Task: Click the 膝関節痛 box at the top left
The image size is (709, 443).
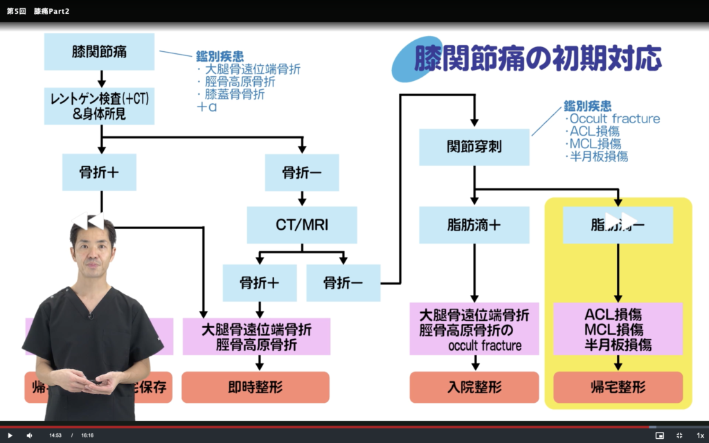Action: tap(99, 52)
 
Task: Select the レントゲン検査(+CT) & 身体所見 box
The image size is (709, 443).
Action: tap(99, 106)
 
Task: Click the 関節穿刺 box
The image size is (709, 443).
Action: tap(474, 147)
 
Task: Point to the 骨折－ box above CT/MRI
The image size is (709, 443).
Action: tap(302, 172)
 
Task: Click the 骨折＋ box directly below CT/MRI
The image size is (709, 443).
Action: tap(260, 282)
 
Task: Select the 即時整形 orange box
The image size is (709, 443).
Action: tap(255, 387)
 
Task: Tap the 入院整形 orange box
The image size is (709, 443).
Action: tap(474, 387)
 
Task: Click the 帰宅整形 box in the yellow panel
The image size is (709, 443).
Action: tap(618, 387)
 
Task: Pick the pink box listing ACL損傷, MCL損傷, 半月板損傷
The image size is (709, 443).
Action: tap(618, 329)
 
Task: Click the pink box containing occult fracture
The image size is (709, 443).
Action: tap(474, 329)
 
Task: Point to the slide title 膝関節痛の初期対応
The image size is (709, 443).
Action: tap(537, 60)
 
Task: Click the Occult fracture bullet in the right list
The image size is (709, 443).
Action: tap(613, 118)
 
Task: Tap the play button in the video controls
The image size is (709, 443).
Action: tap(10, 435)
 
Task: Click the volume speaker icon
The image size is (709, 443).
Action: tap(30, 435)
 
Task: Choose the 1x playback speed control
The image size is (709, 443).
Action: tap(700, 435)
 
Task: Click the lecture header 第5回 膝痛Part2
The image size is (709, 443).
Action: tap(38, 11)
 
